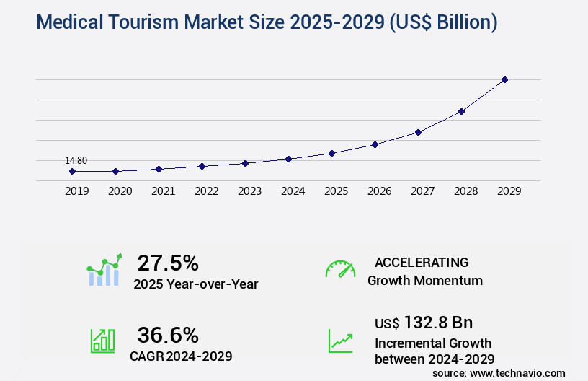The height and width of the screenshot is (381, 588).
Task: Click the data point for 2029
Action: tap(504, 79)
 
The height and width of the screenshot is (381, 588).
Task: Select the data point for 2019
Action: tap(72, 171)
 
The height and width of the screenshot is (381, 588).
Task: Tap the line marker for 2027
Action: tap(418, 132)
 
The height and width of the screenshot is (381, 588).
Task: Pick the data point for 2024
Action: tap(288, 159)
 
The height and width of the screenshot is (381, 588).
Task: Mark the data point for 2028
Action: tap(461, 111)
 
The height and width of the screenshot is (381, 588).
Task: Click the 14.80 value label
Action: tap(76, 160)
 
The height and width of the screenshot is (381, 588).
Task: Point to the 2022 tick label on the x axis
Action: tap(206, 191)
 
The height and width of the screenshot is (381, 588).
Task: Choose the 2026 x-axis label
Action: tap(379, 191)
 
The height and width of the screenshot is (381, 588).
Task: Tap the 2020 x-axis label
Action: tap(120, 191)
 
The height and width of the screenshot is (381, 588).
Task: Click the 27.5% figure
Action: tap(168, 263)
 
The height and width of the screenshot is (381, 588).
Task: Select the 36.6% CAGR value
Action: tap(168, 335)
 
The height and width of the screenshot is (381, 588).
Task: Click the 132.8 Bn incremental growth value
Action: tap(438, 323)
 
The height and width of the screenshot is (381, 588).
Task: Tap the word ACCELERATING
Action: tap(422, 263)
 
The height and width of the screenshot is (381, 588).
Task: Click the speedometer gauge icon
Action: tap(340, 269)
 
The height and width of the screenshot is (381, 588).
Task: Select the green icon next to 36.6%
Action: tap(102, 341)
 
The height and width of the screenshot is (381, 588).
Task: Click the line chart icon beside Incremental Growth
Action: tap(340, 341)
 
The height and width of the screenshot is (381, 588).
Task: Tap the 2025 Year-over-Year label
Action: tap(195, 284)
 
